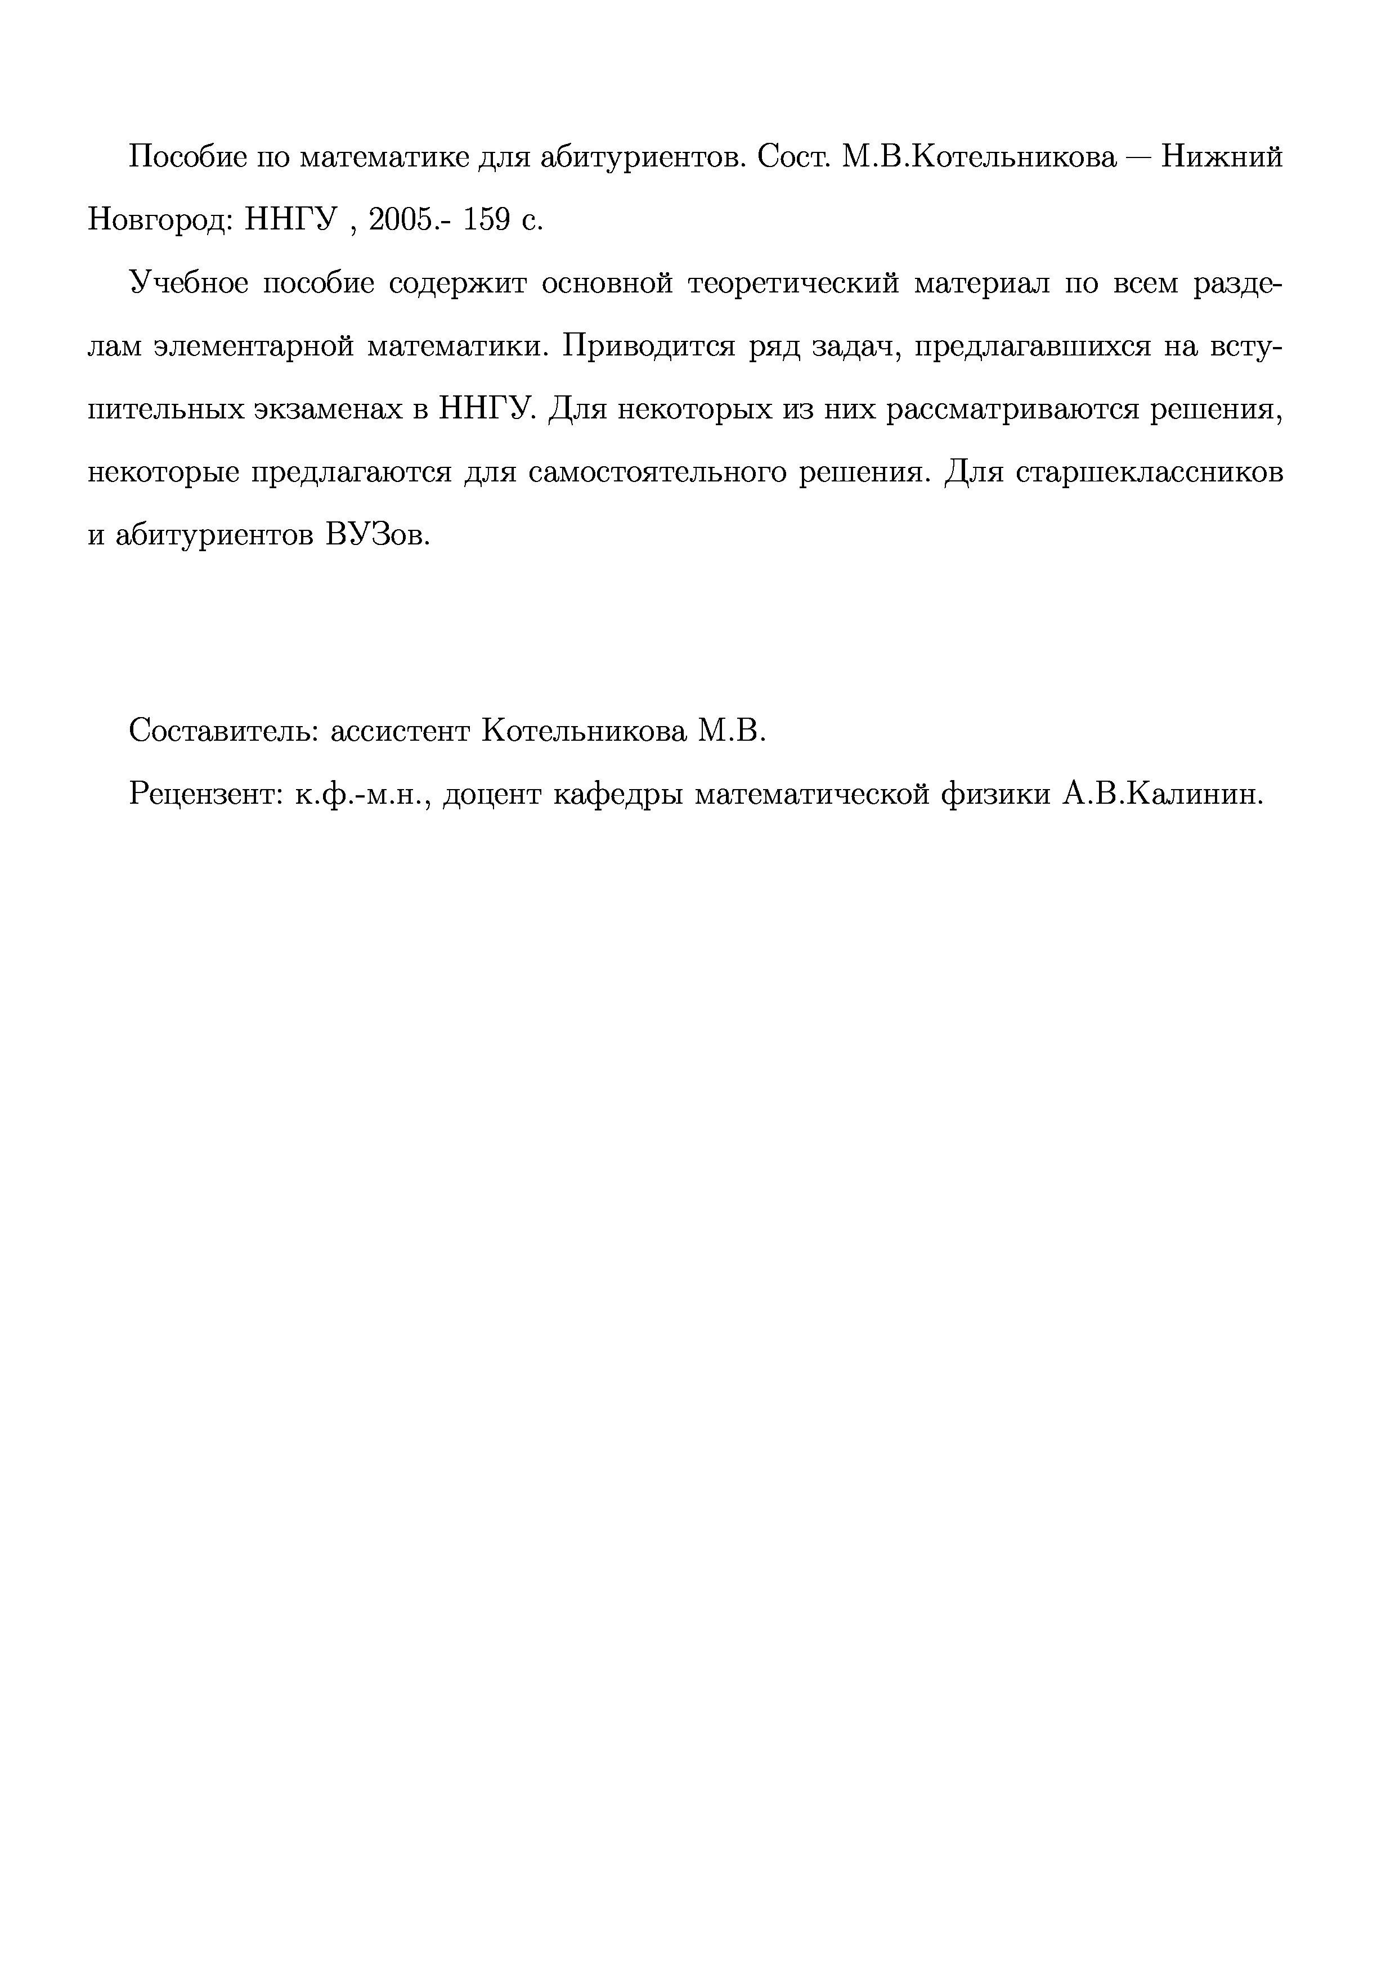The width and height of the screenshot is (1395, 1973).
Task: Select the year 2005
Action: click(x=403, y=221)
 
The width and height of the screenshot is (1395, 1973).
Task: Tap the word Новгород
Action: click(x=159, y=221)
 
